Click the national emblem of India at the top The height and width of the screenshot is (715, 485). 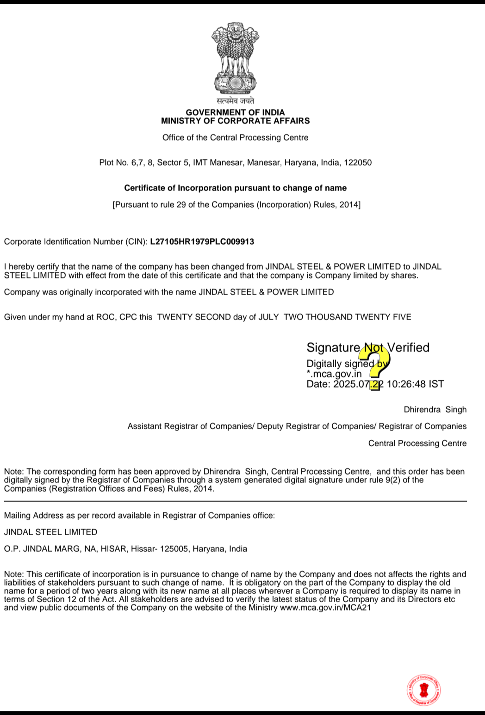click(x=235, y=58)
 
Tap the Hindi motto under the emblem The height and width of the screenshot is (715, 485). click(x=235, y=101)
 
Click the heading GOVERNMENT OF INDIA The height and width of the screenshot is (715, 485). click(x=235, y=112)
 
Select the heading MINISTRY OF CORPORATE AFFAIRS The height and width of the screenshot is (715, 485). click(x=235, y=121)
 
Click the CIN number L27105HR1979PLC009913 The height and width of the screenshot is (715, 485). click(x=202, y=242)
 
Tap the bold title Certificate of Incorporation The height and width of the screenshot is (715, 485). click(x=235, y=188)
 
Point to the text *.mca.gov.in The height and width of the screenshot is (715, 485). click(x=334, y=374)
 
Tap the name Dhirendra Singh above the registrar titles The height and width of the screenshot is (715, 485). click(x=435, y=410)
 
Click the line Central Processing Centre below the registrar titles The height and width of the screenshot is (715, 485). click(x=417, y=444)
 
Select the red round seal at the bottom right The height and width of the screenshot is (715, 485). click(x=423, y=690)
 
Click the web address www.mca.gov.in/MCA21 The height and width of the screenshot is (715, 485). click(x=325, y=608)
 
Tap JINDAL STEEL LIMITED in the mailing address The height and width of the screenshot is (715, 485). click(x=50, y=532)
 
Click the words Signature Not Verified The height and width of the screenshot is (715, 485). click(x=368, y=348)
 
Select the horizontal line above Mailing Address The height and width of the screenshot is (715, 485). click(x=235, y=501)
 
